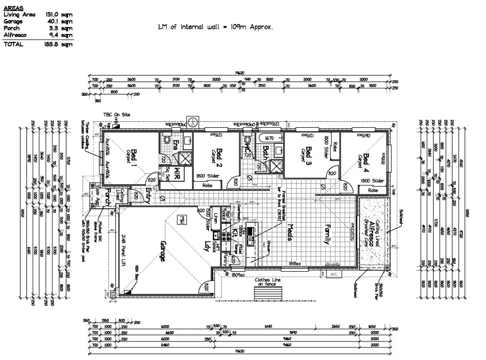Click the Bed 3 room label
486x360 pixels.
coord(309,153)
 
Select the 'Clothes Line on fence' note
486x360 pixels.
coord(268,282)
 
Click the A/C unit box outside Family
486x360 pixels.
coord(333,274)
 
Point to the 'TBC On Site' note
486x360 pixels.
coord(116,115)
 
